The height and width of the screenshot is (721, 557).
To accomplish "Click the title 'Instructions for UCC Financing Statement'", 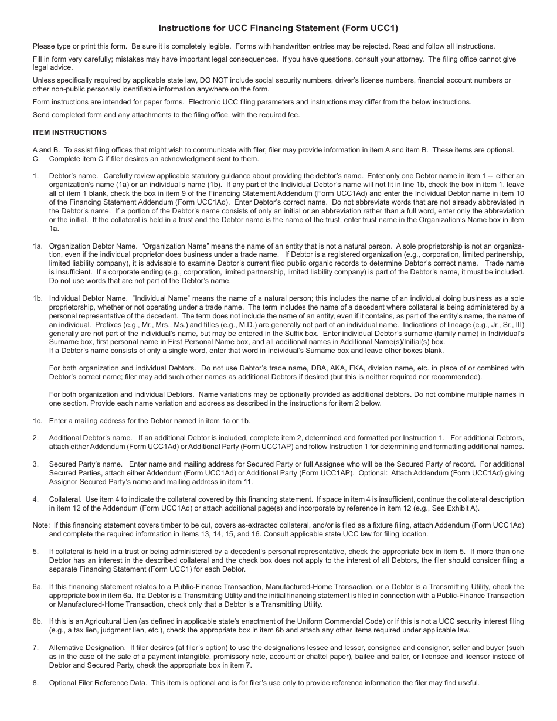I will coord(278,28).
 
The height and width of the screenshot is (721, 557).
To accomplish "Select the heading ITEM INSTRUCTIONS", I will coord(70,132).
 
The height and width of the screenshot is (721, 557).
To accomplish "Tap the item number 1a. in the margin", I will coord(38,246).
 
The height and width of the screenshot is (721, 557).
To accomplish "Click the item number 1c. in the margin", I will coord(38,420).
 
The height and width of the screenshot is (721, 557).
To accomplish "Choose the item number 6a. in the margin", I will coord(38,587).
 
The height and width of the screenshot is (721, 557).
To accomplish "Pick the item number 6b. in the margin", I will coord(38,621).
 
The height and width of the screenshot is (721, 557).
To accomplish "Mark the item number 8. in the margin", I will coord(36,682).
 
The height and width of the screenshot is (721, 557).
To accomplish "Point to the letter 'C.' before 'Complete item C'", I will coord(36,159).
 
